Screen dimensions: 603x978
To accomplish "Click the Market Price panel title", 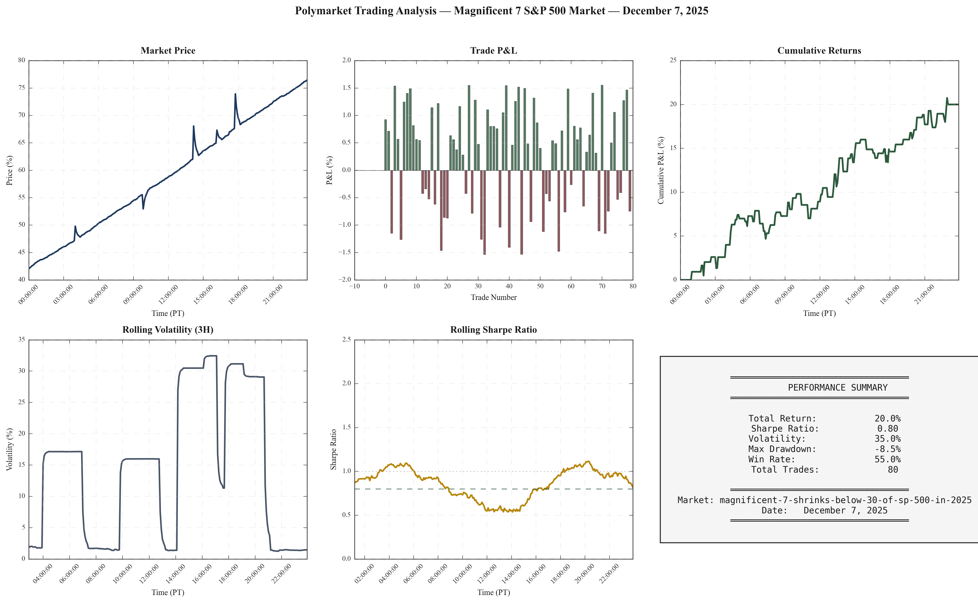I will coord(168,51).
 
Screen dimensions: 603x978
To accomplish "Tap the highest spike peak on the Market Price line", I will coord(235,94).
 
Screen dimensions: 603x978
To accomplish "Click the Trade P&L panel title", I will coord(493,51).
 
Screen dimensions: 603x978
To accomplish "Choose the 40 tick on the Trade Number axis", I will coord(509,286).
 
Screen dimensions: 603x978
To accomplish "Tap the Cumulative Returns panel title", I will coord(819,51).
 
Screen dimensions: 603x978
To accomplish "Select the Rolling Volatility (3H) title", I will coord(168,330).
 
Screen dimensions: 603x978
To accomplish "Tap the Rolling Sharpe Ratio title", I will coord(493,330).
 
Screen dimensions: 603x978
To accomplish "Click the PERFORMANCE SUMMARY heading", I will coord(837,388).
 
